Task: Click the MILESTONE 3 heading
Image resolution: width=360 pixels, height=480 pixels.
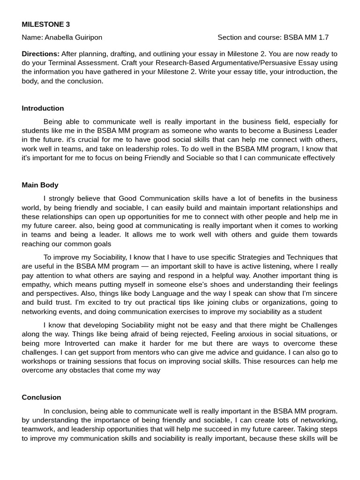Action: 45,24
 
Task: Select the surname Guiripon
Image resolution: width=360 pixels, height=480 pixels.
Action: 86,37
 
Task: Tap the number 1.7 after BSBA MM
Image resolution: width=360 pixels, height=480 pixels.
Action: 323,37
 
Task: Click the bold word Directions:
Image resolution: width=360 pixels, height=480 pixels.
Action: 41,54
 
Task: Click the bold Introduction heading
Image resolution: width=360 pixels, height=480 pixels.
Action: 43,108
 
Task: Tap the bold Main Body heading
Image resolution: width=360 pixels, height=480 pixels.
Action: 40,185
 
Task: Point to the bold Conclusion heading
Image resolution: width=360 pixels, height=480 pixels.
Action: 41,397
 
